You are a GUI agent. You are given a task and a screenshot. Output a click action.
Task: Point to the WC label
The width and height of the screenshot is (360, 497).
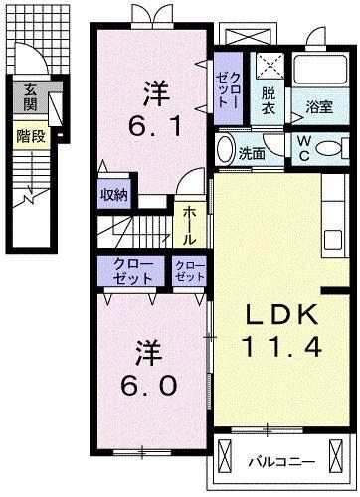pos(303,147)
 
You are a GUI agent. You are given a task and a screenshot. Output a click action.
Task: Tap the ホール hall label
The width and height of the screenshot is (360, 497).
pos(189,225)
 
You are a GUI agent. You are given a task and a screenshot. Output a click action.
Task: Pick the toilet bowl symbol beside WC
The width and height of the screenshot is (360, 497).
pos(333,147)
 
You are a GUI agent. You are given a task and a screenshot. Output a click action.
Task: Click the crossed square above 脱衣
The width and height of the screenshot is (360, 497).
pos(269,67)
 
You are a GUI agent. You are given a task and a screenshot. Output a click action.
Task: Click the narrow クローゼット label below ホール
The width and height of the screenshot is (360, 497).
pos(187,271)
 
